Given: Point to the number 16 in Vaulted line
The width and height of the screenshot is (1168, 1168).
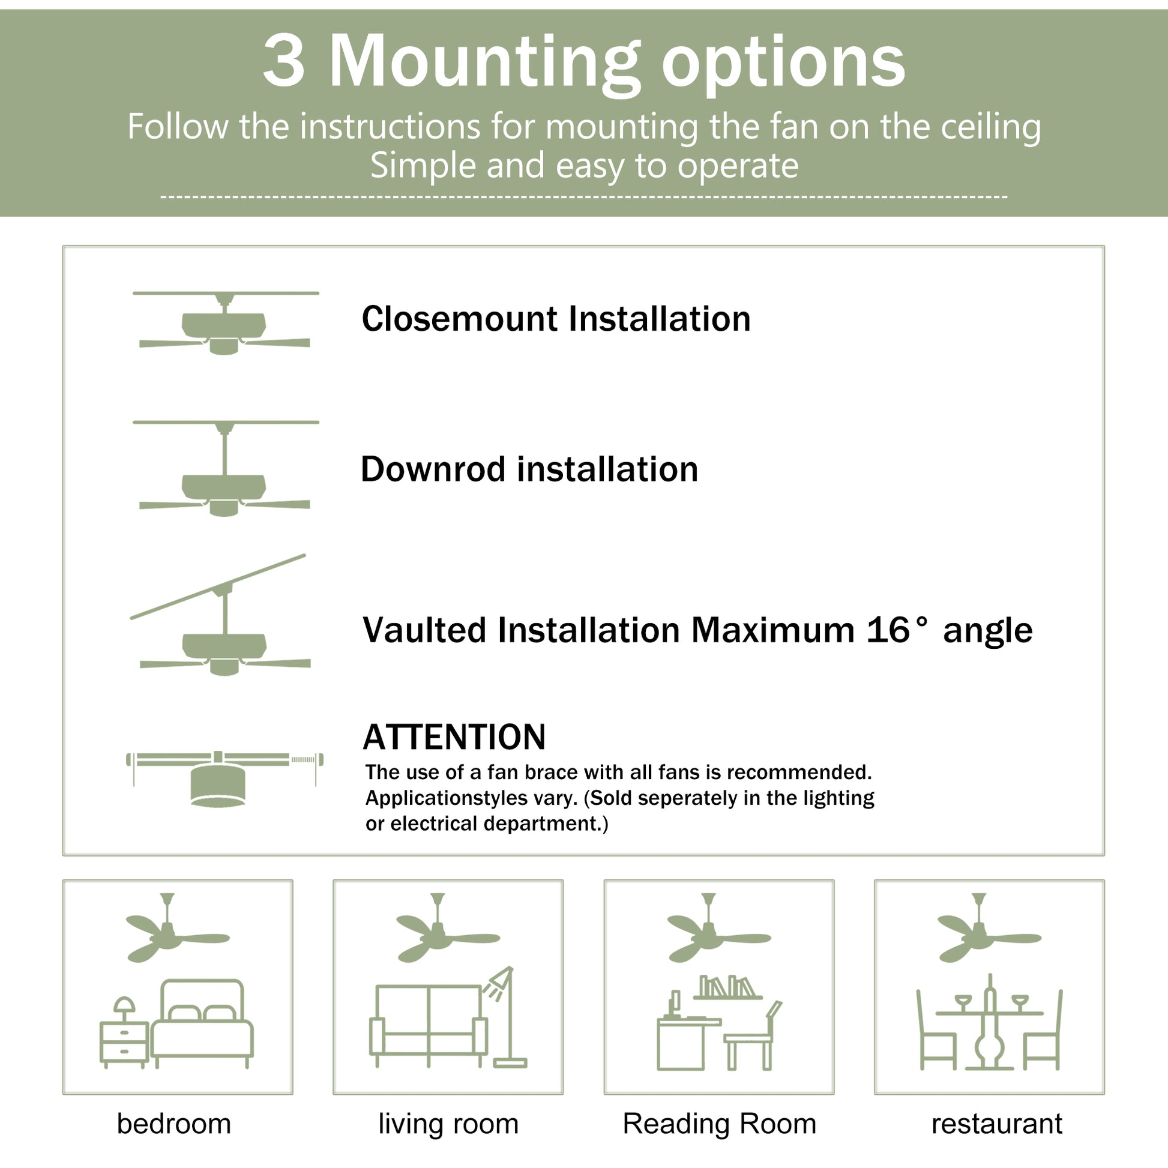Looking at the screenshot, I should coord(888,630).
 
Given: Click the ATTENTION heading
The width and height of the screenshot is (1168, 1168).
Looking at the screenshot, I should coord(454,737).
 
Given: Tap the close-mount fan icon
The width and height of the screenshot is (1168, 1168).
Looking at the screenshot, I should coord(225,325).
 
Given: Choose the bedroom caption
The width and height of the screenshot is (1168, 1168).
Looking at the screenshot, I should coord(174,1124).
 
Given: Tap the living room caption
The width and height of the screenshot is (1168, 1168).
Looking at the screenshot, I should coord(448,1124).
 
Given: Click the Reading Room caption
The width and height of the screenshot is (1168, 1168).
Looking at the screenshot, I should coord(720,1124).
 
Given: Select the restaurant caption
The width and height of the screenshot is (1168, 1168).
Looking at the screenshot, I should coord(996,1124).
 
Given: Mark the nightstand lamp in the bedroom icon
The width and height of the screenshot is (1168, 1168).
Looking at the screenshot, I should coord(124,1007).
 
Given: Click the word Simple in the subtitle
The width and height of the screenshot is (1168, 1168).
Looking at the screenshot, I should coord(423,165).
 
